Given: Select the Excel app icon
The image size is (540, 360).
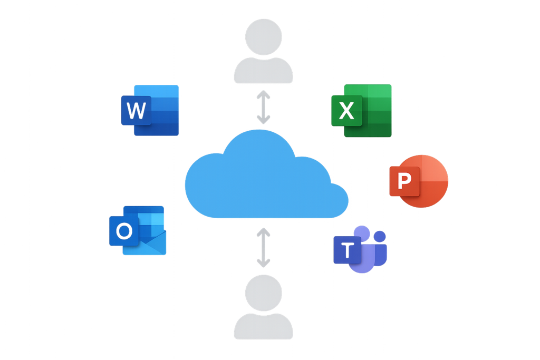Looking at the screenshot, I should click(362, 110).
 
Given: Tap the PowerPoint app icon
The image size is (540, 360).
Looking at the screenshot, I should click(419, 181).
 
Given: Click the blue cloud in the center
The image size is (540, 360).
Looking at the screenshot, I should click(264, 179).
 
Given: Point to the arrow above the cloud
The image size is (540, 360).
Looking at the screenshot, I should click(263, 108).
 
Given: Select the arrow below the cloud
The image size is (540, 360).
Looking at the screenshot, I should click(263, 247).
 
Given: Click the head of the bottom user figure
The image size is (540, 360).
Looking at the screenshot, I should click(263, 293).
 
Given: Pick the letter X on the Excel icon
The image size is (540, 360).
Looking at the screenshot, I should click(346, 111).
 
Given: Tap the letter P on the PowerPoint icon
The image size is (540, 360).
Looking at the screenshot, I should click(404, 181).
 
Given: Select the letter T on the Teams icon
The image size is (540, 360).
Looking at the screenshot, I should click(346, 250).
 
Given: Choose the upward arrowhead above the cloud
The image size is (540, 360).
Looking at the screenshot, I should click(263, 94).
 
